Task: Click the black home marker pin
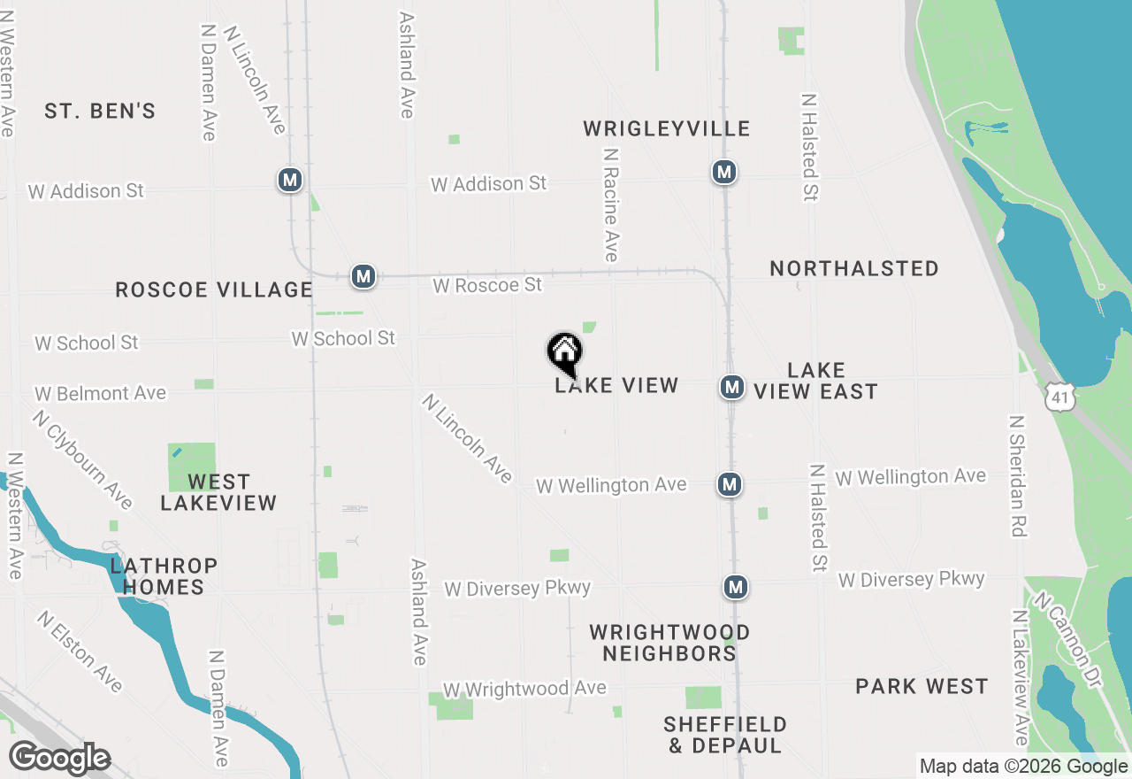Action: click(564, 353)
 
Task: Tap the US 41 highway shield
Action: click(1059, 398)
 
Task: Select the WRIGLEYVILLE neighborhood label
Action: click(667, 129)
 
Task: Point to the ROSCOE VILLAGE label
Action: click(214, 290)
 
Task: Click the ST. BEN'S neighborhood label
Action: click(100, 112)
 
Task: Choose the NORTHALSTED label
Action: click(854, 269)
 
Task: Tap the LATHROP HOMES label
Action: click(164, 576)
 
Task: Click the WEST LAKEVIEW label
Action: click(218, 493)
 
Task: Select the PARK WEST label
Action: click(922, 687)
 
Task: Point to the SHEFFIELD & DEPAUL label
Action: click(725, 736)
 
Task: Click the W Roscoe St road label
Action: click(487, 285)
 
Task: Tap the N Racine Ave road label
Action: click(610, 204)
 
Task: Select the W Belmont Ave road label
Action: click(100, 393)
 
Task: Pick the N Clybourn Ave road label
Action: click(82, 459)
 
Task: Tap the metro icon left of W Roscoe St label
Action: click(363, 276)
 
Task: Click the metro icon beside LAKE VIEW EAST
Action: click(730, 387)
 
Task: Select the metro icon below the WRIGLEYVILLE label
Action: click(724, 172)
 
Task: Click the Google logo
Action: click(59, 759)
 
